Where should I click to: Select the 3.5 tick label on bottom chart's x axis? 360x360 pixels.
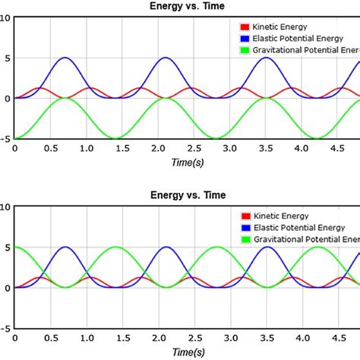pos(267,339)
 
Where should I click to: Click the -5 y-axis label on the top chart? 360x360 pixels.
pos(5,139)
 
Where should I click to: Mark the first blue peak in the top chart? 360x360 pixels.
pos(65,58)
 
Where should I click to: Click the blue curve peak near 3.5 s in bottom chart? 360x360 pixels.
pos(267,247)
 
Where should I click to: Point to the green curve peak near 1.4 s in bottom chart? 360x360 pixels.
pos(116,247)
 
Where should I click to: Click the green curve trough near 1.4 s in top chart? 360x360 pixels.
pos(116,138)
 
